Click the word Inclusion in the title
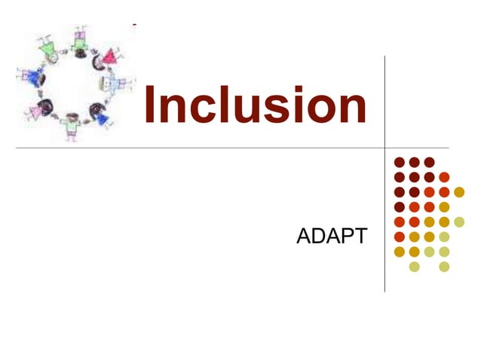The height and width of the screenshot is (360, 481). pos(255,106)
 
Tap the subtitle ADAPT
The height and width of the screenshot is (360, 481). pos(332,236)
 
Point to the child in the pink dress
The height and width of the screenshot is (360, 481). pos(35,111)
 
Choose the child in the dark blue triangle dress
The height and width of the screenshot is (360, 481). pos(102,116)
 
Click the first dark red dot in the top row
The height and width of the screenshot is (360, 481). pos(399,162)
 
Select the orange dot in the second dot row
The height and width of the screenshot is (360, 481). pos(444,177)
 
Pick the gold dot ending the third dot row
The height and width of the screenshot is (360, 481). pos(459,191)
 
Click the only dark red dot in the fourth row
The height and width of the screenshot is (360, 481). pos(399,206)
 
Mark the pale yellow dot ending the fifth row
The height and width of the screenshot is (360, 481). pos(459,221)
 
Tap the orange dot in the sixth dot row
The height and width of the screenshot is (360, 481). pos(399,236)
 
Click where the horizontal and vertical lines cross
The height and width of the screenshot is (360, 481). pos(384,148)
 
